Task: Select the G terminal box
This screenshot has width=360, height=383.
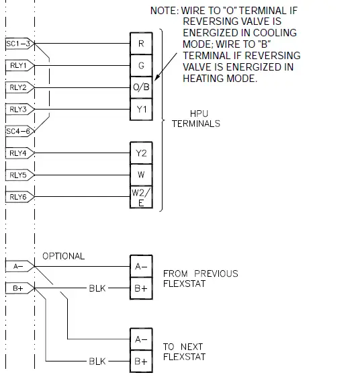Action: coord(141,66)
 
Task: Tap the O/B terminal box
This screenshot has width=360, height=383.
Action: coord(141,87)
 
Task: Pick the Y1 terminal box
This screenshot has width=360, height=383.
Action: coord(141,109)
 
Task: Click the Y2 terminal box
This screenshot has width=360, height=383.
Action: coord(141,153)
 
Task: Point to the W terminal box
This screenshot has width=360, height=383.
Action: coord(141,174)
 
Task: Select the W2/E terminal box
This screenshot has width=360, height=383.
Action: coord(141,197)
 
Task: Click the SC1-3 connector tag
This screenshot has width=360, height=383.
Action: coord(18,44)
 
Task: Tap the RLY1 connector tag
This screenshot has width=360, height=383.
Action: coord(18,66)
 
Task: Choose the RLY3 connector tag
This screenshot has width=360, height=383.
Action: coord(18,109)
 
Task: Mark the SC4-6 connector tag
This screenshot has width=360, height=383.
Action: coord(18,130)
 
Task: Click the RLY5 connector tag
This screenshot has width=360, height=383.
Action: coord(18,175)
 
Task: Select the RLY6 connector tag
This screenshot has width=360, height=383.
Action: coord(18,197)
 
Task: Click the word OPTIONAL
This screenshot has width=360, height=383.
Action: coord(63,256)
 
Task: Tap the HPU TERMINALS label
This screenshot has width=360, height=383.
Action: coord(195,119)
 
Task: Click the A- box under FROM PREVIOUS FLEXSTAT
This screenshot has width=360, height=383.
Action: coord(141,267)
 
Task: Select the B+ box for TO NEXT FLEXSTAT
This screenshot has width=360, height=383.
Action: coord(141,361)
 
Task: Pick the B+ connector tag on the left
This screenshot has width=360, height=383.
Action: coord(18,288)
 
